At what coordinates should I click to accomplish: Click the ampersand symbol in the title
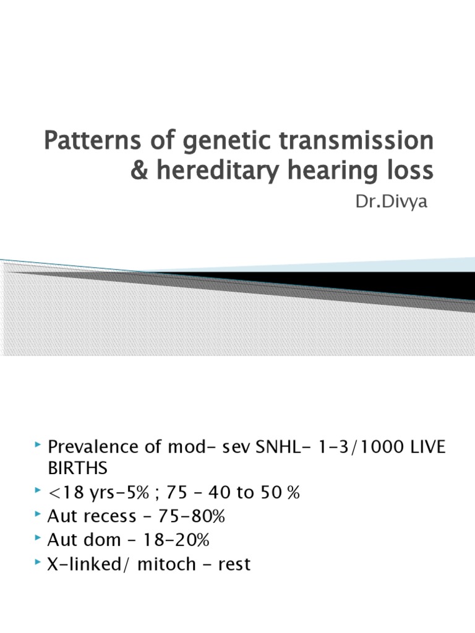click(139, 170)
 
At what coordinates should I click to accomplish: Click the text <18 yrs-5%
click(92, 493)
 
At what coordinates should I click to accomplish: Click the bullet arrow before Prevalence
click(39, 446)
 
